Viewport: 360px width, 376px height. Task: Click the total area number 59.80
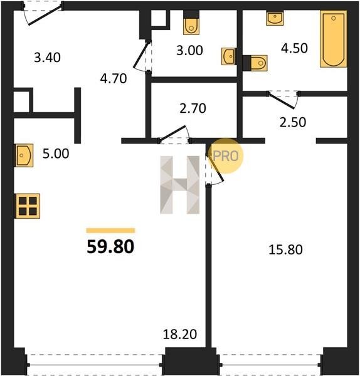[x=110, y=247]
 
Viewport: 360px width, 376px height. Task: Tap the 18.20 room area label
[x=180, y=334]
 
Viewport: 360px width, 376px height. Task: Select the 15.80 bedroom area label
[x=285, y=249]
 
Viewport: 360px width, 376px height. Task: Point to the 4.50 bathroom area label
[x=295, y=48]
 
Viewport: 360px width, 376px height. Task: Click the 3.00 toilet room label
[x=189, y=50]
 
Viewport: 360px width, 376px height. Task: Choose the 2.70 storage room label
[x=193, y=108]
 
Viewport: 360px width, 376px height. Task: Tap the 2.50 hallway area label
[x=293, y=122]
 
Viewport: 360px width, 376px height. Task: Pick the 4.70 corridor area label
[x=114, y=78]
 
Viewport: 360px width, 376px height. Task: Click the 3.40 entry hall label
[x=47, y=58]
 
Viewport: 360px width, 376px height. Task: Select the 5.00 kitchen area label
[x=56, y=154]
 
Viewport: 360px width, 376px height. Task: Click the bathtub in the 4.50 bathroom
[x=334, y=39]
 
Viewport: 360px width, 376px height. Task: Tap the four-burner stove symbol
[x=28, y=206]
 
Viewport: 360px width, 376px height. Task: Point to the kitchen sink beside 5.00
[x=24, y=155]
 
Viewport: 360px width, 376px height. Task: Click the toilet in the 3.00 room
[x=191, y=25]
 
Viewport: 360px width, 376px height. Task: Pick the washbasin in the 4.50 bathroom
[x=275, y=18]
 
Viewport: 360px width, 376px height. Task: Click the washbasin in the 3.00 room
[x=229, y=56]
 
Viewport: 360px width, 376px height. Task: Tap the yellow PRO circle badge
[x=226, y=156]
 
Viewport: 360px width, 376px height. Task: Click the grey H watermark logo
[x=180, y=185]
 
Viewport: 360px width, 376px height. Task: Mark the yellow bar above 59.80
[x=110, y=231]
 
